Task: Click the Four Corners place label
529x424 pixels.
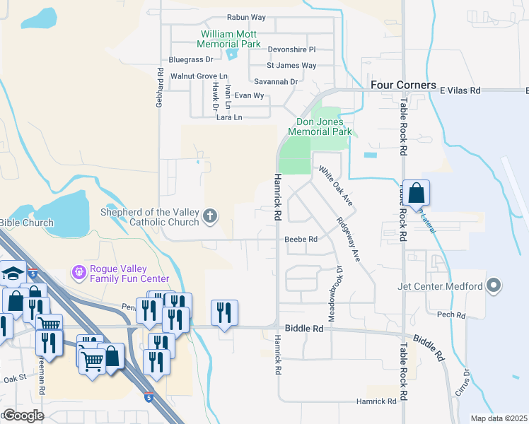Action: pyautogui.click(x=403, y=85)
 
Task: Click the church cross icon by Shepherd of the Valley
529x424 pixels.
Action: pyautogui.click(x=209, y=216)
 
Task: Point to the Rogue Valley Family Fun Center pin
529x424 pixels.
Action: pyautogui.click(x=79, y=271)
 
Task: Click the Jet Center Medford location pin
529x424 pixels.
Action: pyautogui.click(x=494, y=286)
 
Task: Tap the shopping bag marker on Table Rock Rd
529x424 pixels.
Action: pyautogui.click(x=417, y=192)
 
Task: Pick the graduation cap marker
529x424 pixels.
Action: pyautogui.click(x=12, y=273)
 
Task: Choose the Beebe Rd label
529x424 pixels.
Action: pyautogui.click(x=301, y=239)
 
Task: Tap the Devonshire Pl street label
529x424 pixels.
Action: pyautogui.click(x=291, y=49)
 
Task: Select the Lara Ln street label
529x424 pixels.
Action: pyautogui.click(x=229, y=117)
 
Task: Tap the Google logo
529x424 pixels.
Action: pyautogui.click(x=23, y=416)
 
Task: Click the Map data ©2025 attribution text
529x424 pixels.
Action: pyautogui.click(x=499, y=418)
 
